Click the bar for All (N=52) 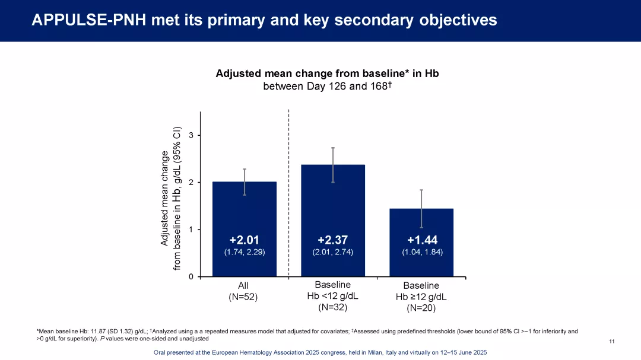coord(244,214)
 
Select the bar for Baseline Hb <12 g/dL coord(333,202)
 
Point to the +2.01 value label coord(244,240)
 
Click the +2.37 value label coord(332,240)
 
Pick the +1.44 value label coord(422,240)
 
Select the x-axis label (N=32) coord(332,307)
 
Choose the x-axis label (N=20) coord(421,308)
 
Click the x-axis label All coord(243,286)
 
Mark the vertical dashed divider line coord(288,190)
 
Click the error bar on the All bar coord(245,181)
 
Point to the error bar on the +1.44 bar coord(421,208)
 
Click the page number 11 coord(612,341)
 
